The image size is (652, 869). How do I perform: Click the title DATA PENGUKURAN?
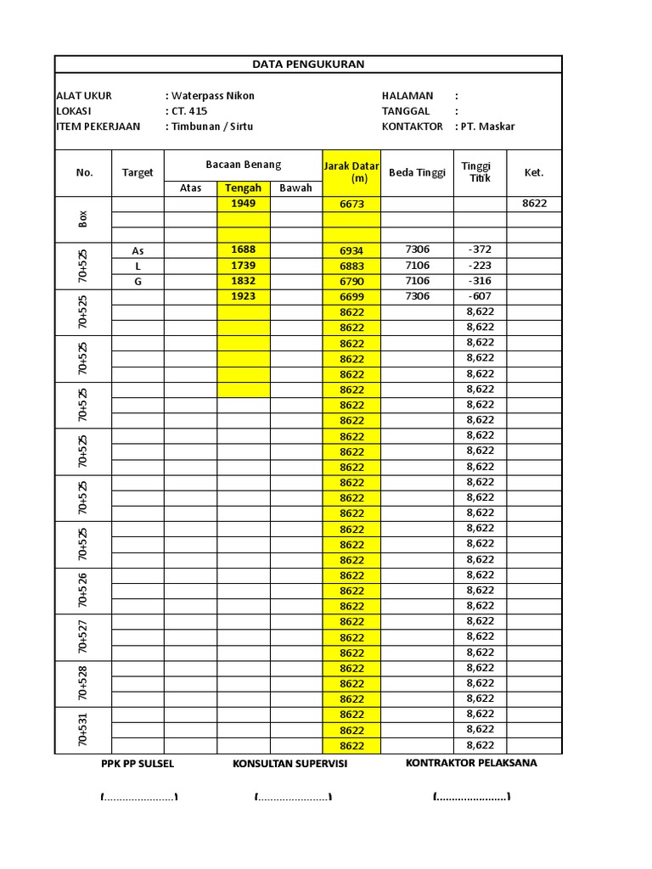tap(308, 64)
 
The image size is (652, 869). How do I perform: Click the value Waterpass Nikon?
tap(212, 96)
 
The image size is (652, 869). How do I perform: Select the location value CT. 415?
tap(188, 111)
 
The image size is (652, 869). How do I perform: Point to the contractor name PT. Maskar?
tap(487, 126)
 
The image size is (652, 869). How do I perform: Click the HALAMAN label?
tap(407, 96)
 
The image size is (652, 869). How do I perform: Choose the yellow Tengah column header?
tap(243, 188)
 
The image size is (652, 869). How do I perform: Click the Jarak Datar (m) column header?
tap(351, 172)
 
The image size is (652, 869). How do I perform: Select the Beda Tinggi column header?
tap(417, 172)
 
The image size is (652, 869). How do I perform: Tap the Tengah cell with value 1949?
tap(243, 204)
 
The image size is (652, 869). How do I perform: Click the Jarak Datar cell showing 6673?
tap(351, 205)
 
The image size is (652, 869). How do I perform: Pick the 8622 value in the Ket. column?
tap(534, 204)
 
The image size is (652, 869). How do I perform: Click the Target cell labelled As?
tap(138, 250)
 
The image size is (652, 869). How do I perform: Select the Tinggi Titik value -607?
tap(480, 296)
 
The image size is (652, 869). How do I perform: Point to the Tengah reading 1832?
tap(243, 281)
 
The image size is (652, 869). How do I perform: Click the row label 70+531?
tap(83, 730)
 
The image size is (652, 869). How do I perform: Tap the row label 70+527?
tap(83, 637)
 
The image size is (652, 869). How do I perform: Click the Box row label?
tap(83, 219)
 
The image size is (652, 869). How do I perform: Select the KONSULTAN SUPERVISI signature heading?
tap(289, 764)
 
